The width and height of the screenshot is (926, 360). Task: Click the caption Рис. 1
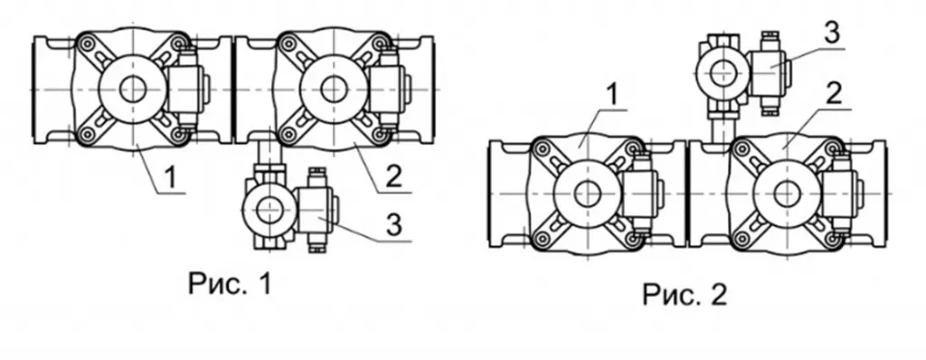[x=231, y=284]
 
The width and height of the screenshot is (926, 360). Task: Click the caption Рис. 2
[x=685, y=294]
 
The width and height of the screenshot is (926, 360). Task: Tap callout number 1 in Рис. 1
[x=170, y=178]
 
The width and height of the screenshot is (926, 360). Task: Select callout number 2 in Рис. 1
[x=394, y=175]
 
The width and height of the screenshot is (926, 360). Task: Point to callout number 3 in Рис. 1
[x=394, y=225]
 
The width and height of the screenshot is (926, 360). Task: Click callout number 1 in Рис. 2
[x=613, y=96]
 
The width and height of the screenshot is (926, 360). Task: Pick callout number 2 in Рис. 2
[x=833, y=95]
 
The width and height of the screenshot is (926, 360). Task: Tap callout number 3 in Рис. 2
[x=832, y=33]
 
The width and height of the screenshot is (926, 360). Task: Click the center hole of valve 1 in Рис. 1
[x=132, y=90]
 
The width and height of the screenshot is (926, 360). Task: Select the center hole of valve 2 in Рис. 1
[x=333, y=90]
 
